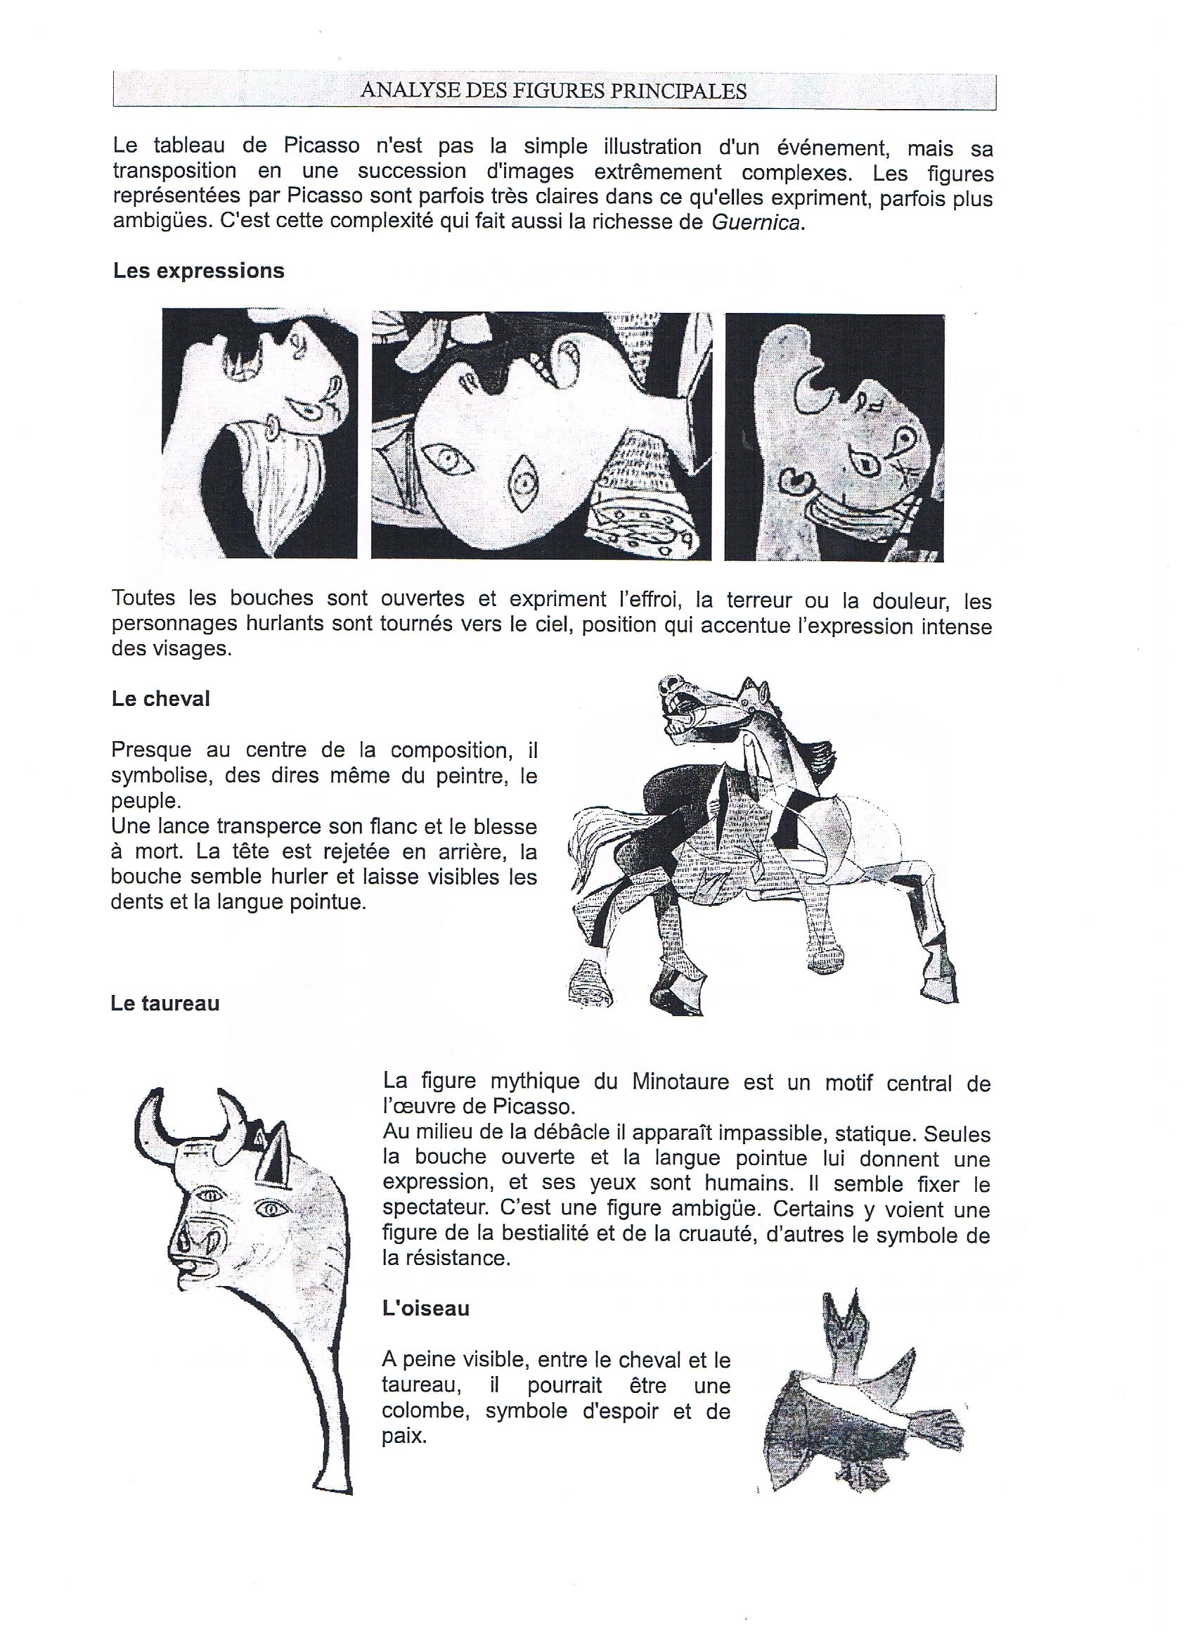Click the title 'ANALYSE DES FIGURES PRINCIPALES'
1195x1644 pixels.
(554, 91)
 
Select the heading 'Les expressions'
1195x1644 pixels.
(198, 271)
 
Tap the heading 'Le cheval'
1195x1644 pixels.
(161, 698)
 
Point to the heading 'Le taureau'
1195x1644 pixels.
(165, 1003)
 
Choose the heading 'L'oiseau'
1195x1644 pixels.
(426, 1309)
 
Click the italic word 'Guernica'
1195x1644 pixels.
(756, 222)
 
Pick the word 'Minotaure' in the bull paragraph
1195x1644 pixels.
(680, 1082)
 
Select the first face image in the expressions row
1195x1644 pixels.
(259, 433)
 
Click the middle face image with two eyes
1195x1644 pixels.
(541, 436)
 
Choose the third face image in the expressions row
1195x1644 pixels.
(834, 438)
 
